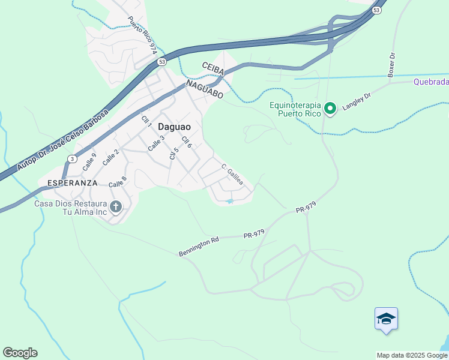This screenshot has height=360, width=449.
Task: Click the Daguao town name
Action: click(174, 127)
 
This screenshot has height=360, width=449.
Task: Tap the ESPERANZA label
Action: click(68, 182)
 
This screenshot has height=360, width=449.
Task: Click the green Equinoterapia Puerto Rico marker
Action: click(330, 109)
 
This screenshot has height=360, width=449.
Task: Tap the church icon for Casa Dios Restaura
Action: click(116, 207)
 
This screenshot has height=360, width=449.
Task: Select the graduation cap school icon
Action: click(386, 319)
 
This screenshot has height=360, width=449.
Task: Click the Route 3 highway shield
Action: click(72, 158)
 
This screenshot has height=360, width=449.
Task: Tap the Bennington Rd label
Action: click(199, 247)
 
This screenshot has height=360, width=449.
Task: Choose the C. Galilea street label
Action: click(232, 174)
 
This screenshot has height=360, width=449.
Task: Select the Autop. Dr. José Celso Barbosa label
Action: click(63, 138)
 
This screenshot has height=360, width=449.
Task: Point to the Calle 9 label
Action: click(90, 160)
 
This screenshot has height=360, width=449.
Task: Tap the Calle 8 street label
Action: click(119, 181)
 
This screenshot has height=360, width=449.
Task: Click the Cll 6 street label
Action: click(187, 143)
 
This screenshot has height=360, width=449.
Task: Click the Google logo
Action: click(20, 353)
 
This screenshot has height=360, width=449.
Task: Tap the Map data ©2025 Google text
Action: click(412, 355)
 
